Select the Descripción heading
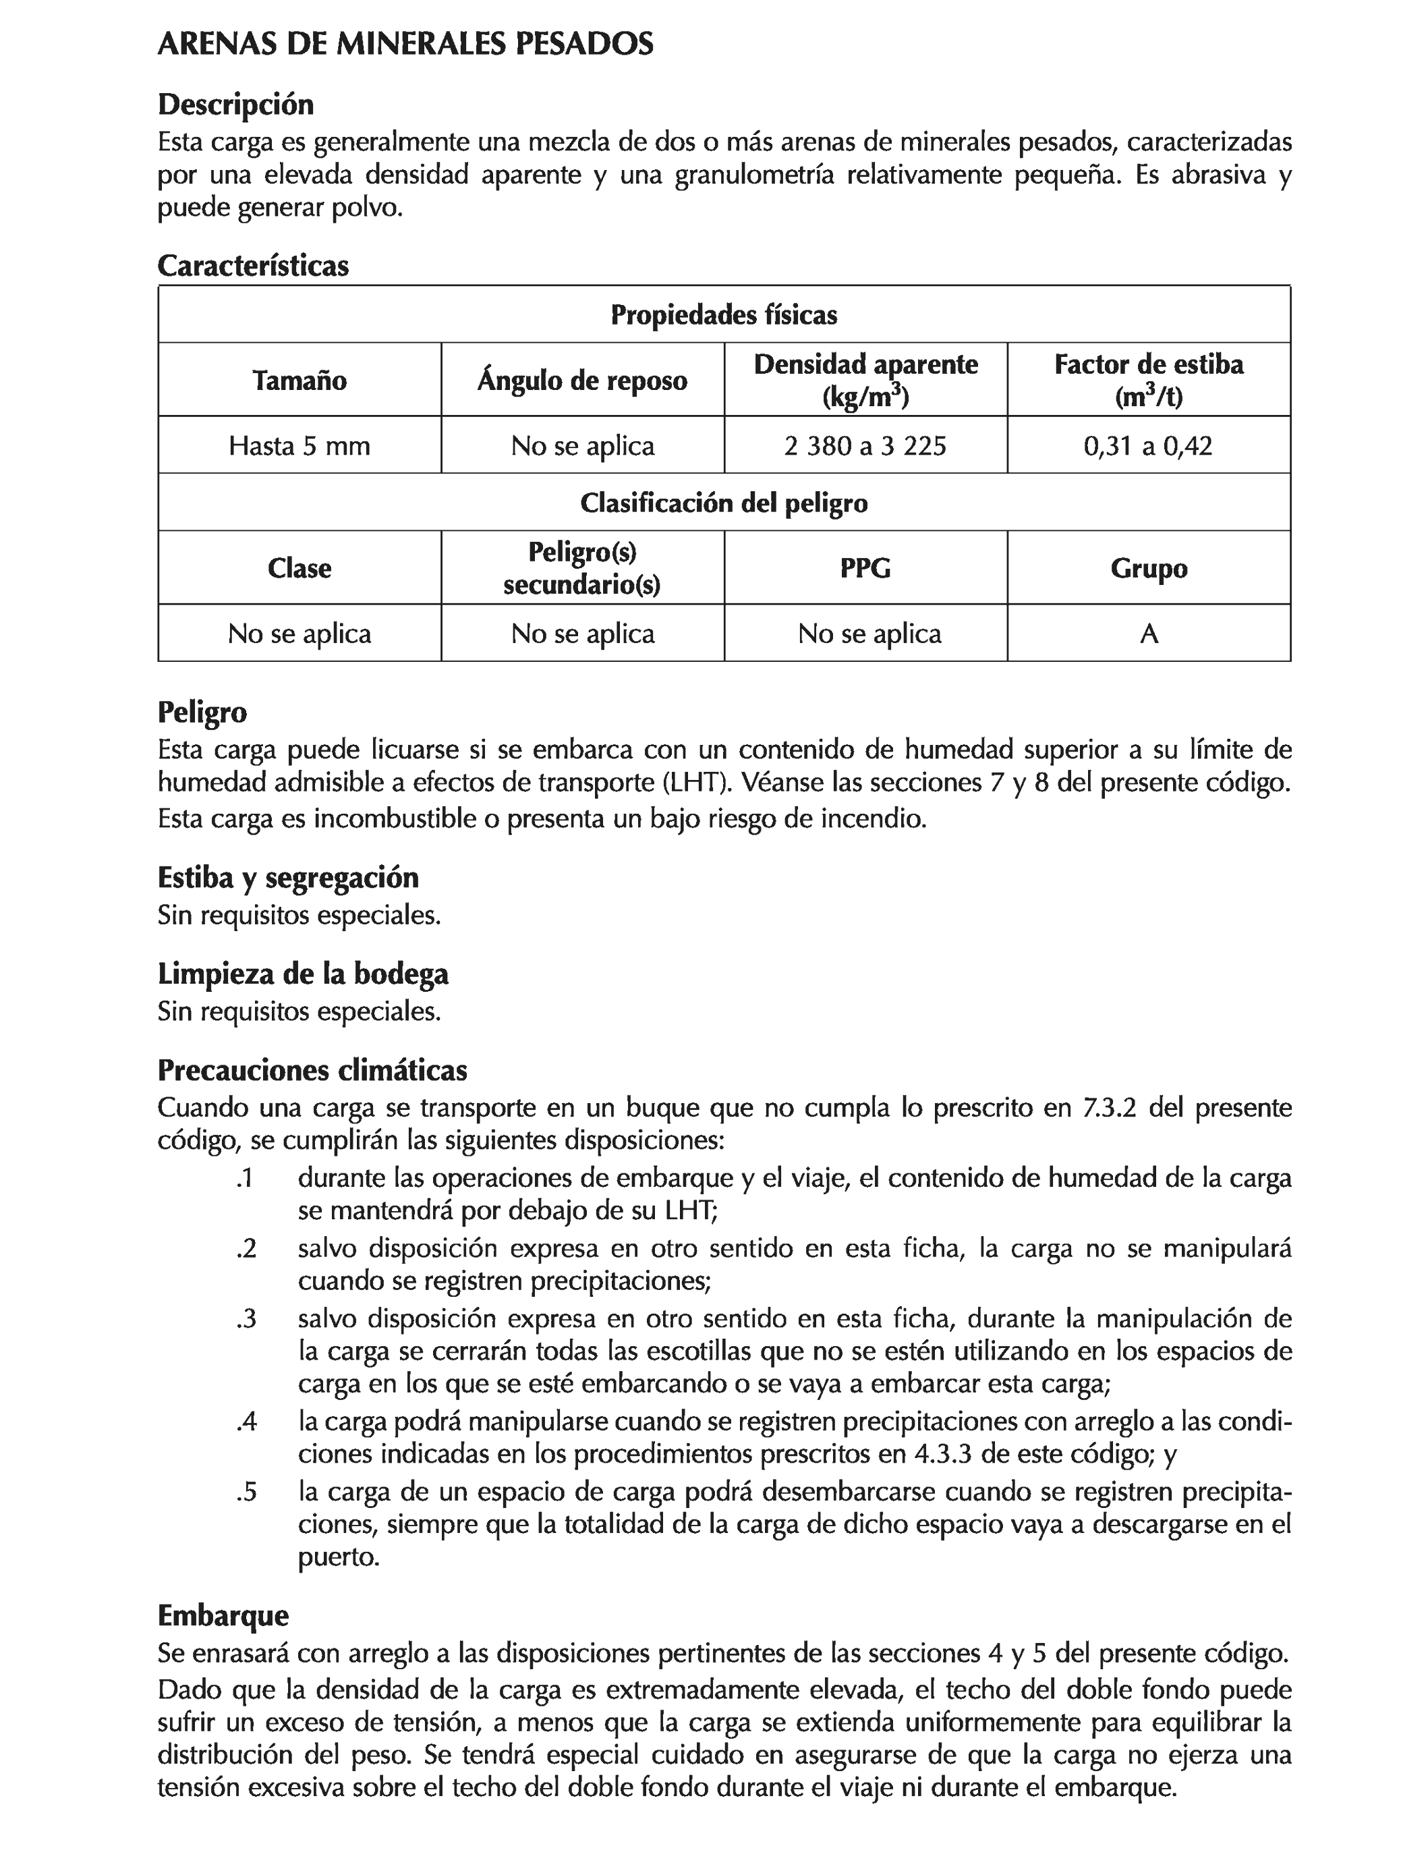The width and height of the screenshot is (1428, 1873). [x=235, y=105]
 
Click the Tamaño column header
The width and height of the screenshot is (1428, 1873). [x=299, y=380]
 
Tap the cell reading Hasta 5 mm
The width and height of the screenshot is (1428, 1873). [x=299, y=445]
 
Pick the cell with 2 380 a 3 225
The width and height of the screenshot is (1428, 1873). [x=865, y=445]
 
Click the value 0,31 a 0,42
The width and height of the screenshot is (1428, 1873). [x=1148, y=445]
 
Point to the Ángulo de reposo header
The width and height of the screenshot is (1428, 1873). [x=582, y=380]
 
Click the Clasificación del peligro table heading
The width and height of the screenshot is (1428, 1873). [x=724, y=503]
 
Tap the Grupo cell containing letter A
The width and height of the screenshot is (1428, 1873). [x=1148, y=634]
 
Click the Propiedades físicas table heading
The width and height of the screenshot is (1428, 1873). [x=724, y=314]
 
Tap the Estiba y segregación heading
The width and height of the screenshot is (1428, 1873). [x=288, y=876]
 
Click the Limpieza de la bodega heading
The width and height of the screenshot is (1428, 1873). [x=303, y=974]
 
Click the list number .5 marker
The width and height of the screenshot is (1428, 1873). [x=246, y=1492]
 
